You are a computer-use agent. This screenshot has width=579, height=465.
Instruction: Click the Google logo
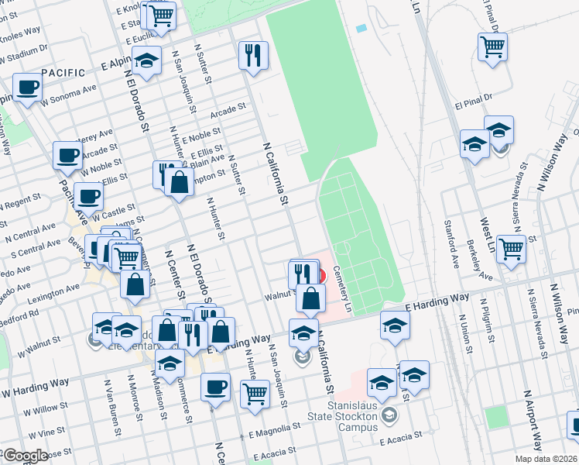(25, 456)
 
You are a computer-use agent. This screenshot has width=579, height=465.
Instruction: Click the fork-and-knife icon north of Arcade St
(253, 53)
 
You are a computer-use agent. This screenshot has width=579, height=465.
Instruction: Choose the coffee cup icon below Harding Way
(216, 385)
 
